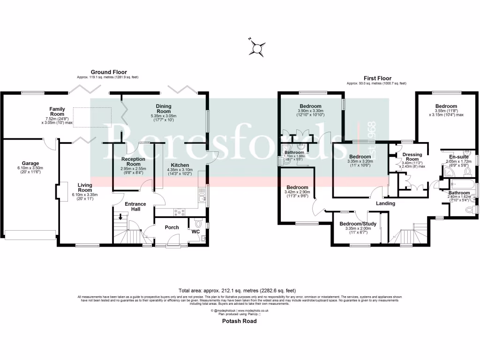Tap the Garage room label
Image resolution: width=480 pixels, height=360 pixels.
point(30,150)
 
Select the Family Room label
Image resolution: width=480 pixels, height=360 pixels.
point(57,112)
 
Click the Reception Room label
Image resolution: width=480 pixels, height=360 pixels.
point(134,161)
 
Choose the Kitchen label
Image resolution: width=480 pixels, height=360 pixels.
point(180,165)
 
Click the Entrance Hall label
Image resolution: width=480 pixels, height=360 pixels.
point(135,207)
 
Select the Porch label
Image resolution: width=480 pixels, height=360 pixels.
point(172,227)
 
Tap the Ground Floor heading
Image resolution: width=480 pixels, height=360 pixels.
point(109,72)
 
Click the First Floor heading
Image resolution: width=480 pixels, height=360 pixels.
point(377,78)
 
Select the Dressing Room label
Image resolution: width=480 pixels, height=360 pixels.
point(412,157)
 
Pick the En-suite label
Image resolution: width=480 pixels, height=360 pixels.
point(459,157)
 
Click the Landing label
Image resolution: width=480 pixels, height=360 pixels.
point(386,203)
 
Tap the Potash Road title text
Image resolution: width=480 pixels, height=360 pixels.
point(240,322)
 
